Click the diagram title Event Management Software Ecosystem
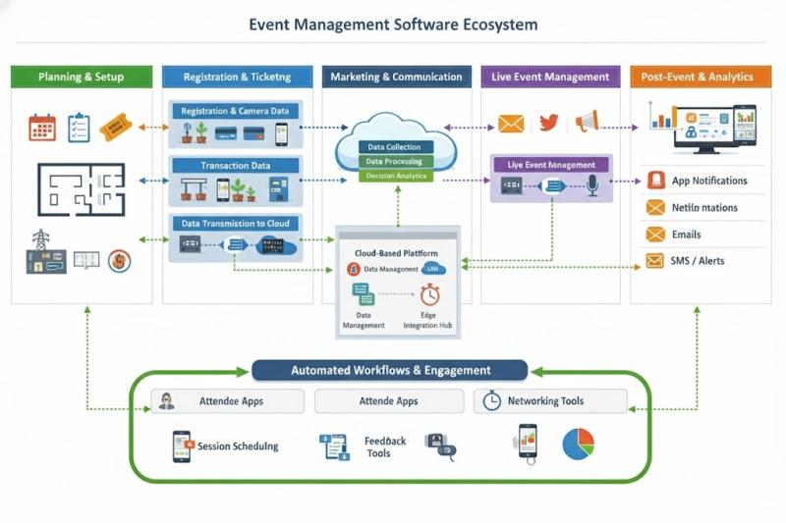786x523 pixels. [393, 24]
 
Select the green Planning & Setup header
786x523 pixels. [82, 77]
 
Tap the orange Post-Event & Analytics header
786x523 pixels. [697, 77]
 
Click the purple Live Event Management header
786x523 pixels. [550, 77]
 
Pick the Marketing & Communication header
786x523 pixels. [396, 77]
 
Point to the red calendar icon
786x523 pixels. [42, 127]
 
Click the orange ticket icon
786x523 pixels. [115, 126]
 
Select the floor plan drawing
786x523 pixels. [82, 188]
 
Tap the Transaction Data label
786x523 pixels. [235, 166]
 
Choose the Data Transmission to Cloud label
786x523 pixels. [235, 224]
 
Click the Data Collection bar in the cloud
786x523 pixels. [398, 147]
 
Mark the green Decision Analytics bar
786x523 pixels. [398, 176]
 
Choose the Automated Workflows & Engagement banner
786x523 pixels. [390, 370]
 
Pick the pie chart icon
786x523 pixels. [579, 443]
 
